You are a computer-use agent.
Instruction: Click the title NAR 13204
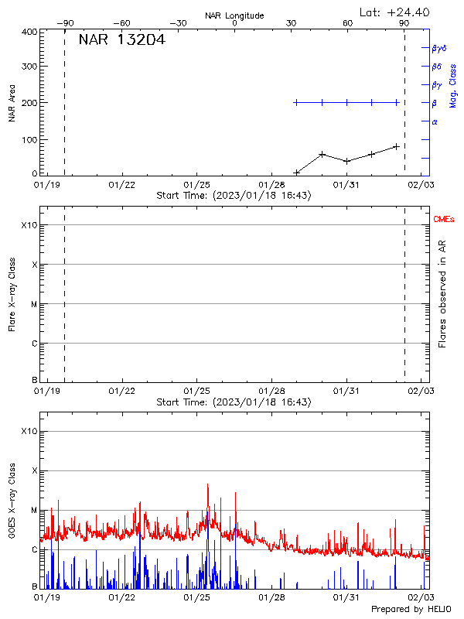click(121, 40)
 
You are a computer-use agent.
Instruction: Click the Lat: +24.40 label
click(395, 12)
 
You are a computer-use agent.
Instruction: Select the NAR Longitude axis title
click(234, 15)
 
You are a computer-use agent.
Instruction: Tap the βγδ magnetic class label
click(439, 48)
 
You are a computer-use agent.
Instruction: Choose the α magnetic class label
click(435, 121)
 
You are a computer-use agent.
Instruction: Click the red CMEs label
click(445, 220)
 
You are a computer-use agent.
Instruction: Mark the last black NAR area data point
click(397, 145)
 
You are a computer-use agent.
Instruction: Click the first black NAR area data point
click(297, 173)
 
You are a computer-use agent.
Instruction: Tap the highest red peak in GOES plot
click(207, 485)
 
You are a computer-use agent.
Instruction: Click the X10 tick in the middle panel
click(29, 225)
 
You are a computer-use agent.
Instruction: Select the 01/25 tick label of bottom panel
click(197, 597)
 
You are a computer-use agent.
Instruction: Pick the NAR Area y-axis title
click(12, 103)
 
